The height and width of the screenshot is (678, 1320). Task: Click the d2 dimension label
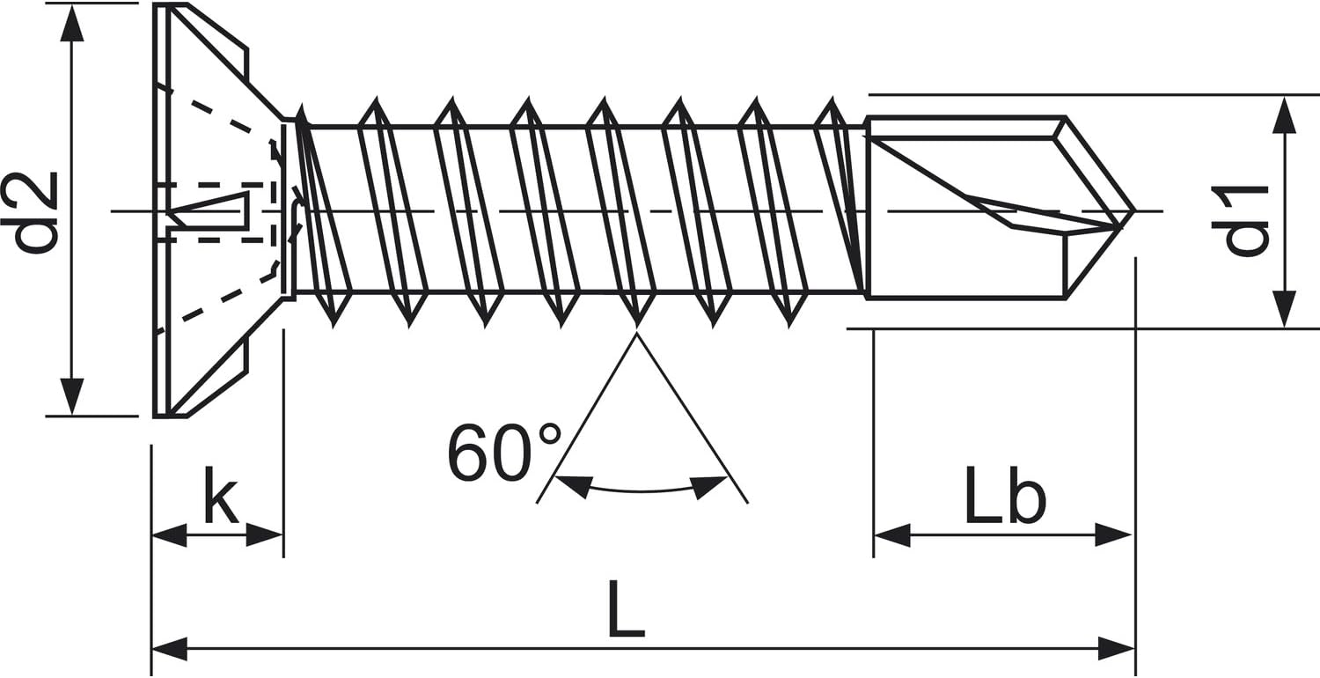click(x=29, y=213)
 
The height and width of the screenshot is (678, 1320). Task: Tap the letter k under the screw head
click(x=221, y=495)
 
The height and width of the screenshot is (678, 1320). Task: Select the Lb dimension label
click(x=1005, y=495)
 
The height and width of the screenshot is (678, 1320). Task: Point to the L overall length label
click(x=626, y=608)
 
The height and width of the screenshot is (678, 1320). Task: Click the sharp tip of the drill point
click(x=1134, y=210)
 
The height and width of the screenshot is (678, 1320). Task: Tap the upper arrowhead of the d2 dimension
click(x=72, y=24)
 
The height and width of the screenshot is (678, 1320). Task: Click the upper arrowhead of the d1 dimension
click(x=1284, y=115)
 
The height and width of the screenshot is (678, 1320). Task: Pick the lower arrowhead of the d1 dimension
click(x=1284, y=308)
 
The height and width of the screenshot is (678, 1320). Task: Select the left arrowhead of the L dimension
click(x=170, y=649)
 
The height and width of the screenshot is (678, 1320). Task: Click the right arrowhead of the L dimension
click(x=1117, y=649)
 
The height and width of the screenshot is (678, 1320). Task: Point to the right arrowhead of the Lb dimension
click(x=1113, y=534)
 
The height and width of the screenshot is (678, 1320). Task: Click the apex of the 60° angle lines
click(x=636, y=334)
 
